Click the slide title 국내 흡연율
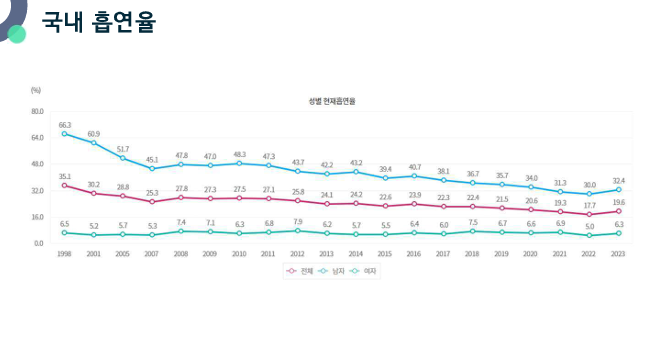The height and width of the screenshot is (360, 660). (x=99, y=22)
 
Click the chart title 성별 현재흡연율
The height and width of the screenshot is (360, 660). (x=333, y=101)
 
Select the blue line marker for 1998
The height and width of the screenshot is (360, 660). (x=65, y=133)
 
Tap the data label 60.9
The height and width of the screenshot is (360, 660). (x=94, y=134)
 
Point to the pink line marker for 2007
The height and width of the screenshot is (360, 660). (x=152, y=202)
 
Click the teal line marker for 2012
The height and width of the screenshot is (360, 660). (x=298, y=231)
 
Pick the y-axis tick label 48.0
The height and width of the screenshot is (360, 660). (x=38, y=164)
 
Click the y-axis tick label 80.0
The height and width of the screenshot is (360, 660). (x=38, y=111)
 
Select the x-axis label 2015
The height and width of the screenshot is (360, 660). (x=385, y=255)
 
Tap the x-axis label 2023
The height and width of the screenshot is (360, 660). (x=619, y=255)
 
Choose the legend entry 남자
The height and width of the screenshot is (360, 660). (x=336, y=271)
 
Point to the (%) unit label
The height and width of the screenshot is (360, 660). (x=36, y=90)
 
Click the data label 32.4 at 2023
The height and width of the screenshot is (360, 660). (x=619, y=180)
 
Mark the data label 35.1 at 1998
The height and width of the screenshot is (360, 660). (x=65, y=176)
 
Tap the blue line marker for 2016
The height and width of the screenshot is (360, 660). (x=414, y=176)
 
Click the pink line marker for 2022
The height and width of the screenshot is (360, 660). (x=590, y=214)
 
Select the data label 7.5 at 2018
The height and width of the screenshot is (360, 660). (x=473, y=222)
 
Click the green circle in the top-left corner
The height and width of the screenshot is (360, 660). (x=16, y=33)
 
